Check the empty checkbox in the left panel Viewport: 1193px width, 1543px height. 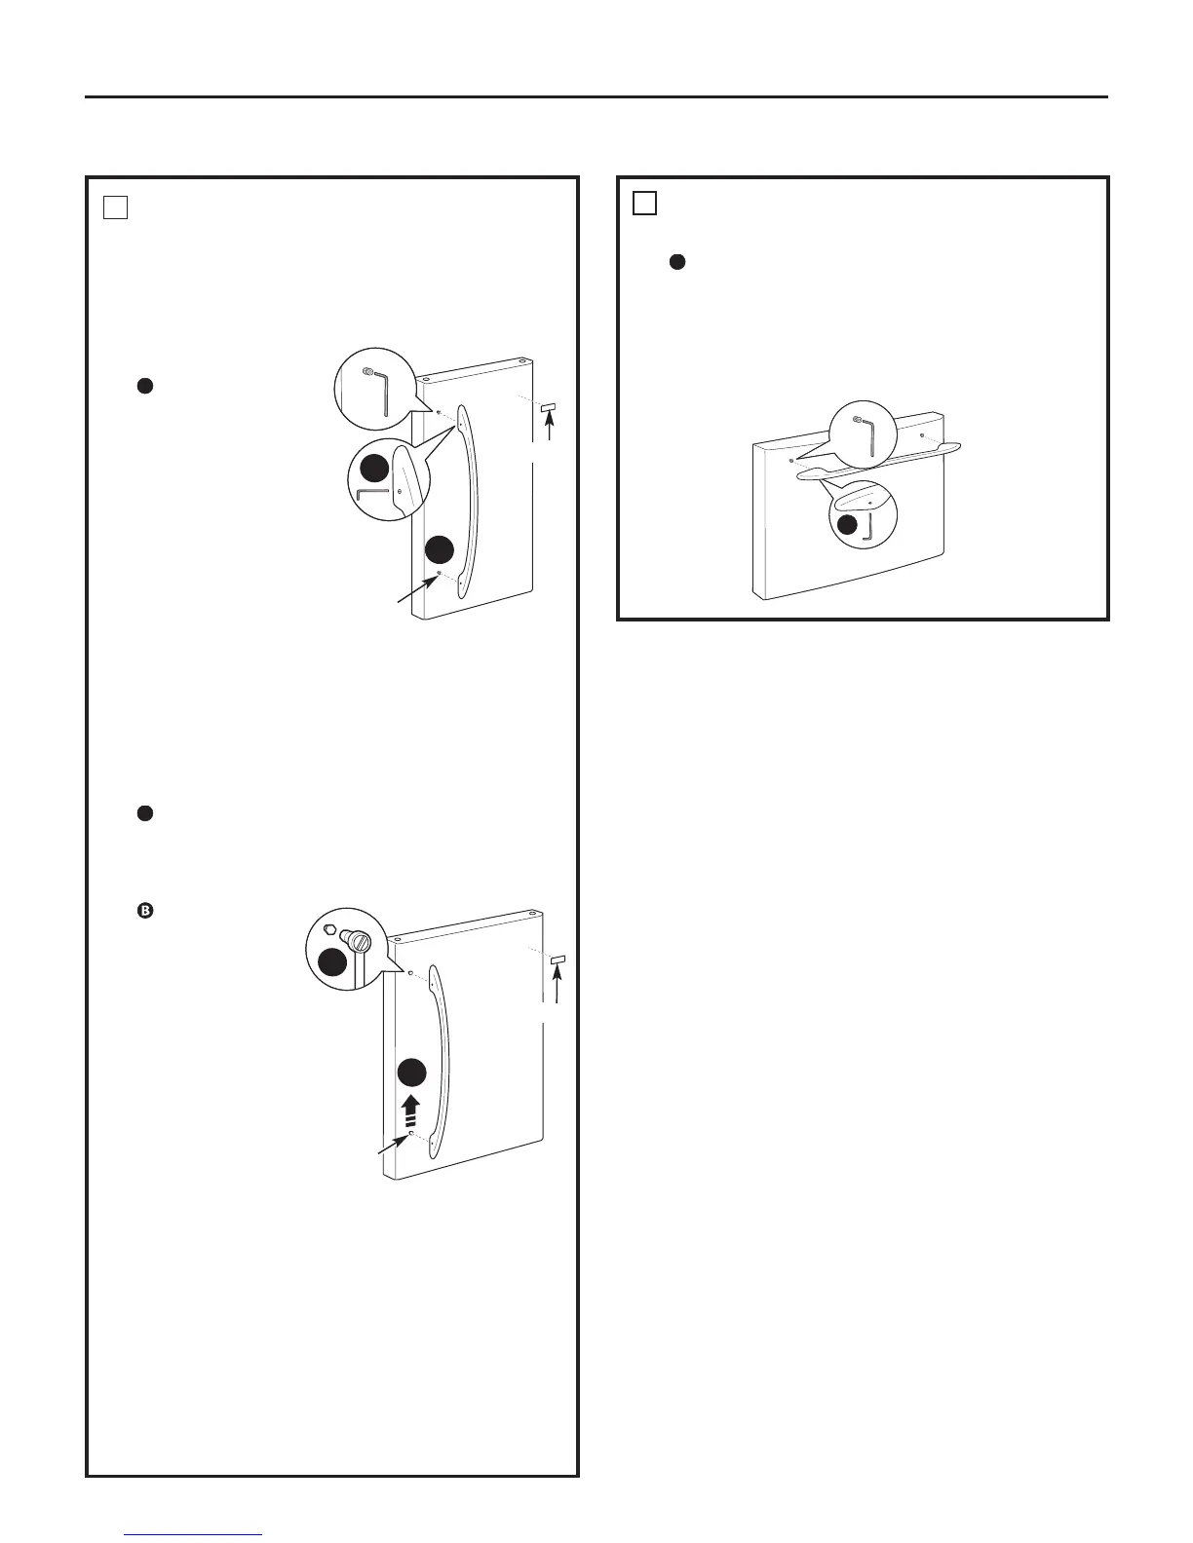click(x=115, y=207)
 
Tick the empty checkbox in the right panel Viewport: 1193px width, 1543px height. click(x=644, y=203)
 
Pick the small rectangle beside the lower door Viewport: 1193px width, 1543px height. click(x=558, y=960)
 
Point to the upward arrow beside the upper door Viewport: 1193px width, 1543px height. click(x=550, y=428)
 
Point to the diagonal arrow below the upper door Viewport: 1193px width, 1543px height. click(x=413, y=592)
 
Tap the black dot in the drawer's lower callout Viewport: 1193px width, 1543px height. click(x=849, y=524)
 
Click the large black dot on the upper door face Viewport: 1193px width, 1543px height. click(x=440, y=549)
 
